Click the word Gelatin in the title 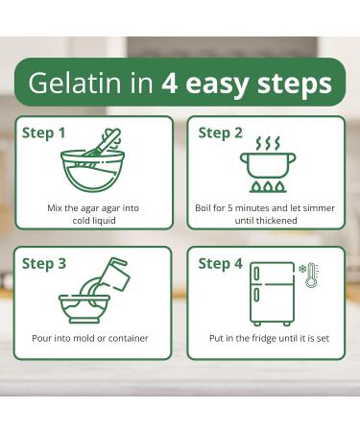point(71,83)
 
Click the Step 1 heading point(44,132)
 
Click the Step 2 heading point(220,132)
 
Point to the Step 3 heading point(44,263)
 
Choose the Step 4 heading point(220,263)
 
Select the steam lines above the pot point(268,143)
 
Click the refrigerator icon point(272,293)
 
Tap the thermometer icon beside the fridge point(311,276)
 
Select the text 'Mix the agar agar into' point(92,207)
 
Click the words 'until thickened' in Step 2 point(268,220)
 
